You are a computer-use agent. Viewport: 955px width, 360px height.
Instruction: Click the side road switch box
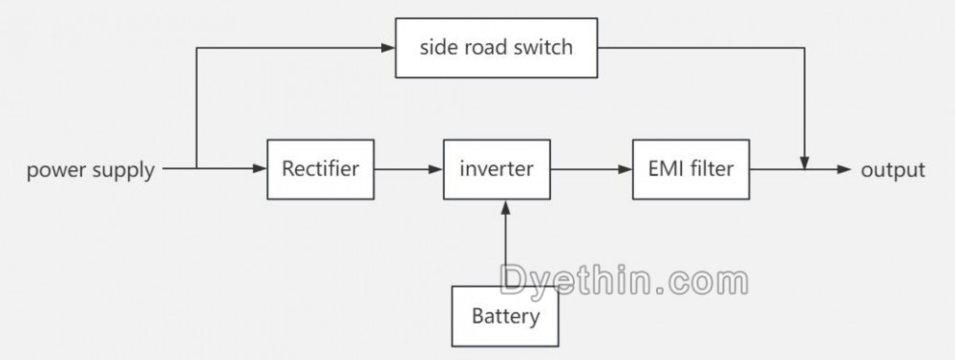coord(496,47)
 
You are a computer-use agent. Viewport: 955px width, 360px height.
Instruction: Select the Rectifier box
coord(320,170)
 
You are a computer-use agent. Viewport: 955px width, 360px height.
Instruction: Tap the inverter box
coord(496,170)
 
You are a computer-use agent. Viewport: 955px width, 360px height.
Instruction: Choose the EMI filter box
coord(690,170)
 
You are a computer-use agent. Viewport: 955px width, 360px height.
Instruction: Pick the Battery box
coord(505,316)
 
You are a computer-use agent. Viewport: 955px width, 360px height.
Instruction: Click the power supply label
coord(91,171)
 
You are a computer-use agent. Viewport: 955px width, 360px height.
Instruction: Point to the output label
coord(893,171)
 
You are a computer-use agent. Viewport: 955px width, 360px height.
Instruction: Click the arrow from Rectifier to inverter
coord(408,170)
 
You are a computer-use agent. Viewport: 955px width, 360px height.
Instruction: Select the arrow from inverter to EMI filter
coord(590,170)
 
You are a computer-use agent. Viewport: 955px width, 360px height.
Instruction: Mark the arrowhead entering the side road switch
coord(391,47)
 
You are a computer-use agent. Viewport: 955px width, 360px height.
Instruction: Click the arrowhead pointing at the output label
coord(844,170)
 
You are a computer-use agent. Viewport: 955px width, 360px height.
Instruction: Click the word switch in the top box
coord(542,47)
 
